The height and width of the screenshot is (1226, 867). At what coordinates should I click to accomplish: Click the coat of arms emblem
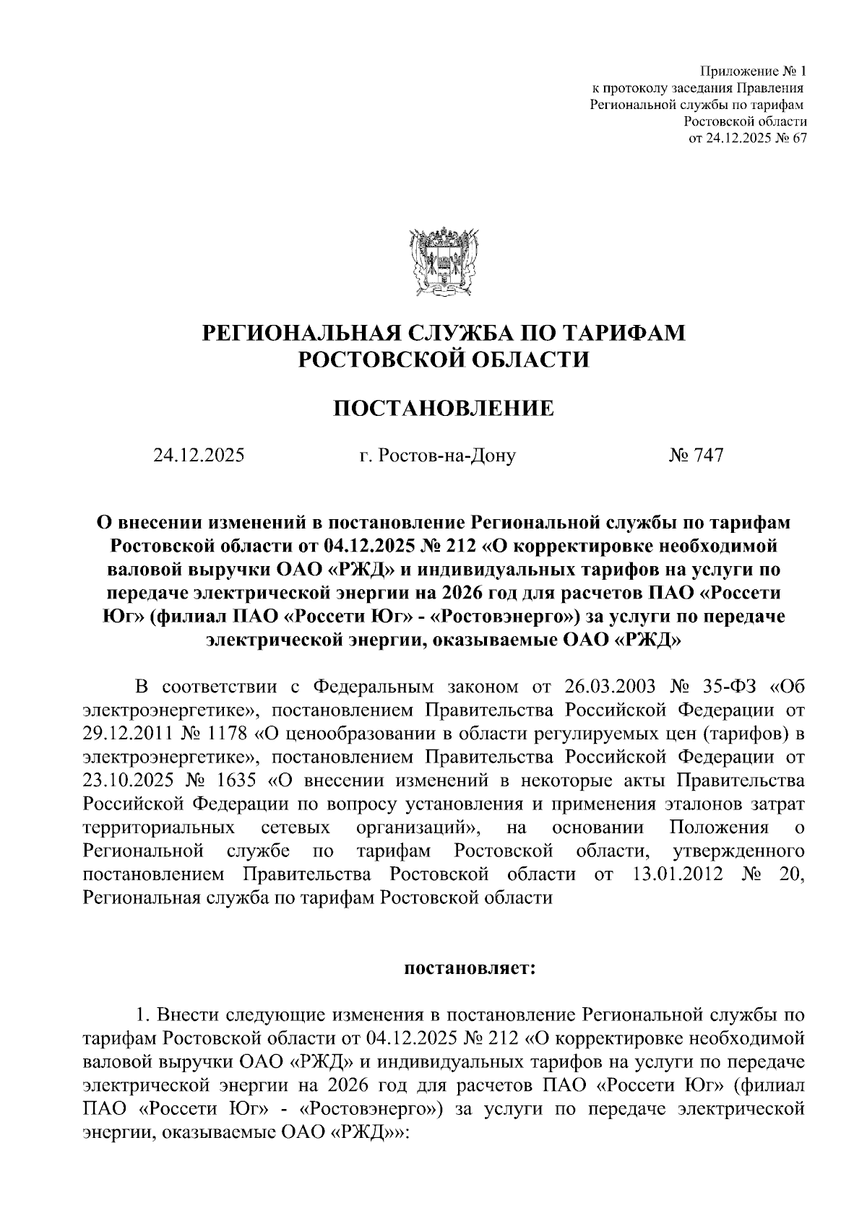pos(443,261)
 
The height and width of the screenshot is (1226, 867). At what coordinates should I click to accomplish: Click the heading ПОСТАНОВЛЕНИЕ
pos(443,409)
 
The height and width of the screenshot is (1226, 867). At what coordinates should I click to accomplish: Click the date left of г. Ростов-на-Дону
pos(199,456)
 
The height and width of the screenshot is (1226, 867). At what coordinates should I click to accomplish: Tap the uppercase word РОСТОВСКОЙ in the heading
pos(371,360)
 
